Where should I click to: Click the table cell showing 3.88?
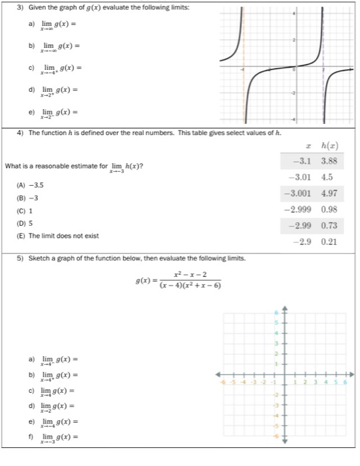327,161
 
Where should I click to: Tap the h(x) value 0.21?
327,242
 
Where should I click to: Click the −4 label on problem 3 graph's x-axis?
244,70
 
